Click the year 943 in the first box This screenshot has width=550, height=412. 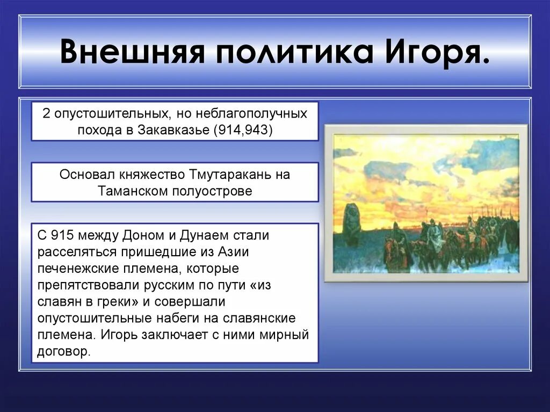tap(261, 129)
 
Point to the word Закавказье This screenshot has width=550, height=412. tap(175, 129)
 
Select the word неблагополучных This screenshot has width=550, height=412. tap(251, 113)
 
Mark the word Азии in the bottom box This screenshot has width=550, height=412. tap(234, 251)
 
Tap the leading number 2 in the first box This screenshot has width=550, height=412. tap(47, 113)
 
